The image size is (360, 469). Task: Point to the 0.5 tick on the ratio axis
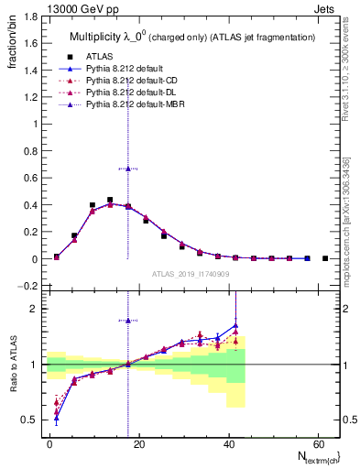[32, 420]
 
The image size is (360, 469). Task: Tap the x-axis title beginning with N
[312, 457]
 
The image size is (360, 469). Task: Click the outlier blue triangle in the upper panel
[128, 169]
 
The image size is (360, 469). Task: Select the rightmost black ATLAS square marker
[325, 258]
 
